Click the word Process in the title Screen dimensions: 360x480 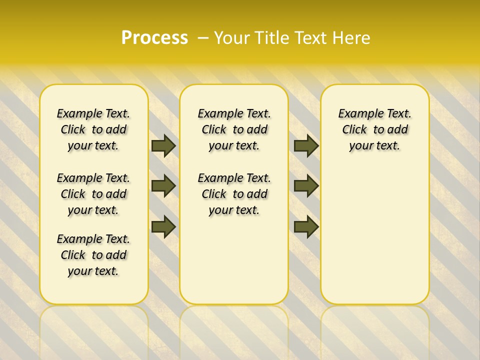pyautogui.click(x=154, y=38)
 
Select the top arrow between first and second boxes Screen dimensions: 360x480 pyautogui.click(x=163, y=146)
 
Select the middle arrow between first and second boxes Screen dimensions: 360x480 pyautogui.click(x=163, y=186)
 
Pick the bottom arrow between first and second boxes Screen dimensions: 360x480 pyautogui.click(x=163, y=226)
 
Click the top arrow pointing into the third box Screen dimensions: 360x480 pyautogui.click(x=305, y=146)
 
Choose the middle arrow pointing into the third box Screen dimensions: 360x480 pyautogui.click(x=305, y=186)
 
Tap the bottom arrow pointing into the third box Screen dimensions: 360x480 pyautogui.click(x=305, y=226)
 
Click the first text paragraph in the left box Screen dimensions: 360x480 pyautogui.click(x=93, y=129)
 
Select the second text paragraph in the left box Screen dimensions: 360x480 pyautogui.click(x=93, y=194)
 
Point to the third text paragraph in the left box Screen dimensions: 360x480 pyautogui.click(x=93, y=255)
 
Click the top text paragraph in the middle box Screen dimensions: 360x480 pyautogui.click(x=234, y=129)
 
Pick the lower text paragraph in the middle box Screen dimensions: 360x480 pyautogui.click(x=234, y=194)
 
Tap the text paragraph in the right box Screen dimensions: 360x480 pyautogui.click(x=374, y=129)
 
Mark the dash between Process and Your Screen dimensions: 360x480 pyautogui.click(x=203, y=38)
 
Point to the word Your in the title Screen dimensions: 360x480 pyautogui.click(x=233, y=38)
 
